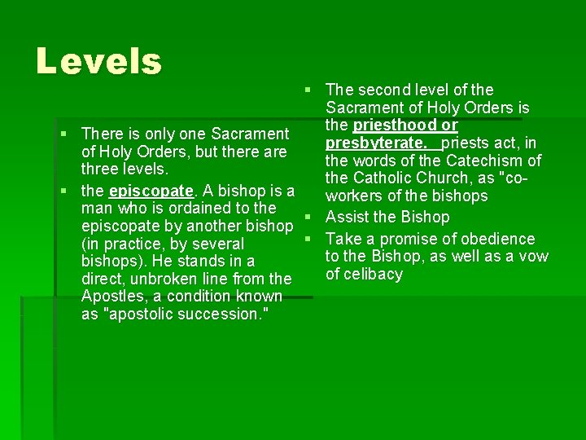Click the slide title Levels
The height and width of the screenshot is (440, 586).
[x=99, y=61]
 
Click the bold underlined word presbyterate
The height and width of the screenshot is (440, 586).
[x=376, y=143]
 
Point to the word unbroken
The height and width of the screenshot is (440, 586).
[x=159, y=279]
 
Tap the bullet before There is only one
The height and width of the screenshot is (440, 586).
[x=63, y=134]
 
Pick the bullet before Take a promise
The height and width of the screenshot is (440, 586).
[x=308, y=239]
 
